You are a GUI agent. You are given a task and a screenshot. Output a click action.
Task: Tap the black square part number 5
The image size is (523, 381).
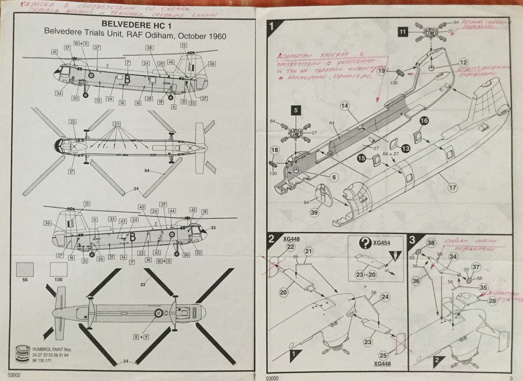click(296, 110)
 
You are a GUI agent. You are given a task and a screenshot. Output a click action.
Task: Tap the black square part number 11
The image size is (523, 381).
click(403, 32)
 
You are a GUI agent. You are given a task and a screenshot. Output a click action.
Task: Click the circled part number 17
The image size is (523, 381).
click(452, 188)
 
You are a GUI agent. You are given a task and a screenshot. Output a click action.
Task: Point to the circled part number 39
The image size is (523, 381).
click(314, 212)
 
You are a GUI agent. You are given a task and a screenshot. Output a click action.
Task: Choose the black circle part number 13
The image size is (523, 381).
click(406, 148)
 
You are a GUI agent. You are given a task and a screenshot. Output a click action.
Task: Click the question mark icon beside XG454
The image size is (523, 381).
click(365, 242)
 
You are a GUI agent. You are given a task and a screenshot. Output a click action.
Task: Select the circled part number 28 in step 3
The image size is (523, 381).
click(492, 301)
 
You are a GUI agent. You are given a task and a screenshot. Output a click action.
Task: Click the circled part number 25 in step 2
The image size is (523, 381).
click(383, 355)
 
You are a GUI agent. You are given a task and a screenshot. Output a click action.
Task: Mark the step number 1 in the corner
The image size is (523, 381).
click(271, 26)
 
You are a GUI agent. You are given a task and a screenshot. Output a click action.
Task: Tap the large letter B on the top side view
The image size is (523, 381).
click(127, 79)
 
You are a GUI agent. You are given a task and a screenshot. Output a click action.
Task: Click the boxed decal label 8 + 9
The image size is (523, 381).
click(141, 337)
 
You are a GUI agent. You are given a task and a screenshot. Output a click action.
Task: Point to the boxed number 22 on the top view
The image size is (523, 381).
click(72, 122)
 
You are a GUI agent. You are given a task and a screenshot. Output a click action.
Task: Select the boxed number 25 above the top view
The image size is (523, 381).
click(117, 124)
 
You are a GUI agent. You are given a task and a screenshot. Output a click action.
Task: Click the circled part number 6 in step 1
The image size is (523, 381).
click(334, 177)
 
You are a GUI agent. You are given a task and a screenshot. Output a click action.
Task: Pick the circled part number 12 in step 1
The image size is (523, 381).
click(463, 63)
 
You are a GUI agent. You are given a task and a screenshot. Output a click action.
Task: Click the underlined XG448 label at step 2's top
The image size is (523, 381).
click(291, 239)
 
